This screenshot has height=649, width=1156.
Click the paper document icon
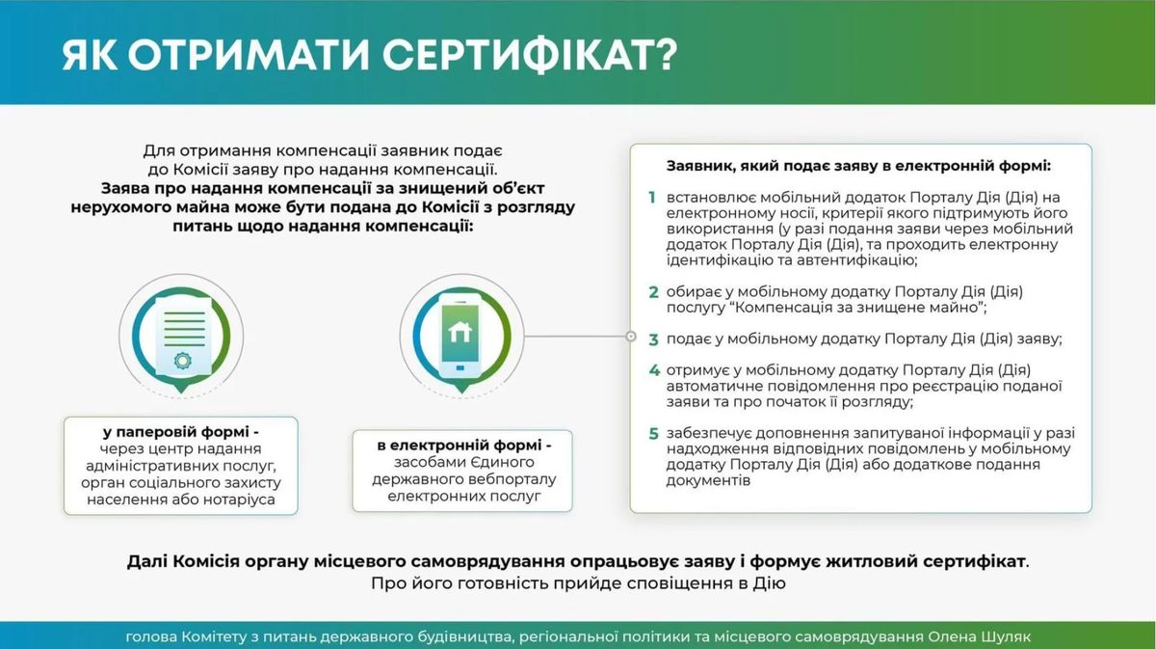[x=183, y=337]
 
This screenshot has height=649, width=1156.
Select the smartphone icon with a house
[x=460, y=337]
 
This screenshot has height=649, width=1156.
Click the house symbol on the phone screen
[x=460, y=332]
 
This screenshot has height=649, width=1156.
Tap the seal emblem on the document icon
[x=183, y=360]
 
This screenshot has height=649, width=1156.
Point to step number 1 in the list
[x=652, y=198]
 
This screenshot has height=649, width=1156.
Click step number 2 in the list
[x=654, y=292]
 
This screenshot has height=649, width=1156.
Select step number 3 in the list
[x=654, y=339]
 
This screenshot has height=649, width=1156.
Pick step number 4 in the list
[x=654, y=370]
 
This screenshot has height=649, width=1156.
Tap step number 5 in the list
[x=654, y=434]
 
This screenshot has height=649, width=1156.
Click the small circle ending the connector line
[x=631, y=337]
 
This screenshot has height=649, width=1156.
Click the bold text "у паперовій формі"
[x=175, y=432]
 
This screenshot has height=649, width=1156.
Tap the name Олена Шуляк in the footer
[x=980, y=636]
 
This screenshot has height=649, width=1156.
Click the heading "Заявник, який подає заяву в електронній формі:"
[x=858, y=166]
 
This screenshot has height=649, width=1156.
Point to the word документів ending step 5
[x=708, y=480]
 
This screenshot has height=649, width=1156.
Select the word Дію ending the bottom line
[x=769, y=583]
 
